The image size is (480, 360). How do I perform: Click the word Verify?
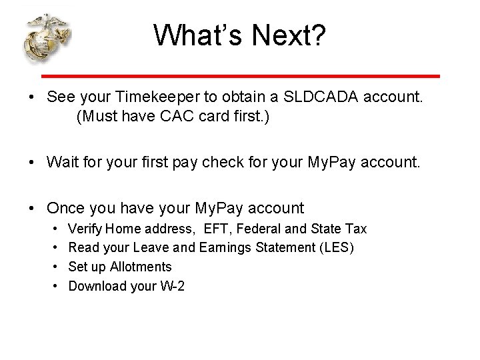tap(85, 229)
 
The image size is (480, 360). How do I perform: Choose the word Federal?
tap(259, 229)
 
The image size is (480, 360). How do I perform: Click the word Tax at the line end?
tap(355, 229)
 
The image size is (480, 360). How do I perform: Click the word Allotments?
tap(141, 267)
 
